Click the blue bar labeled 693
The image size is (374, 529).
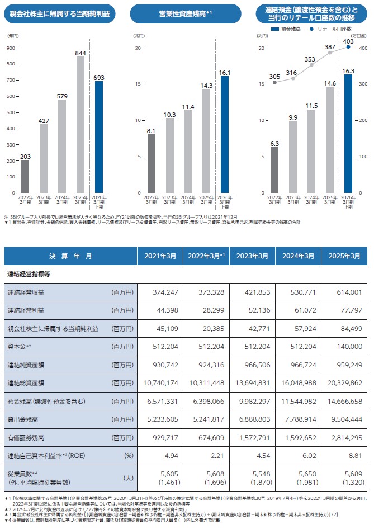coord(98,137)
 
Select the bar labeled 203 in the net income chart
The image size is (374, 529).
coord(25,176)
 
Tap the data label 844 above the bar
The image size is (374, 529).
coord(81,53)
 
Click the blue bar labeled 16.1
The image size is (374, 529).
coord(225,134)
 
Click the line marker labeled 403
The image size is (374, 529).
coord(348,48)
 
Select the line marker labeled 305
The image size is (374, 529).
coord(274,82)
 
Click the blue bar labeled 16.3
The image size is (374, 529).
coord(348,134)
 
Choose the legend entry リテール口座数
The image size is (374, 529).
coord(334,28)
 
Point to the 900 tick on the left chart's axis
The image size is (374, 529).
coord(10,48)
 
